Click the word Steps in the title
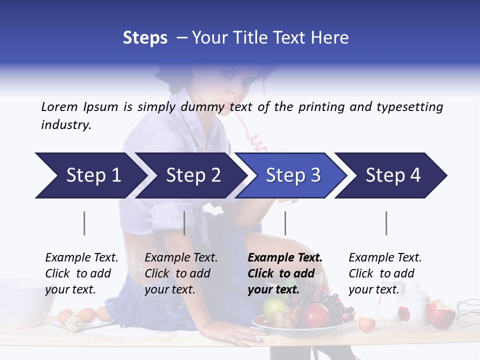point(145,38)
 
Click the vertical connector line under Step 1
point(84,223)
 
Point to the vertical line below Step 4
point(386,223)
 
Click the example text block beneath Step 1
point(81,273)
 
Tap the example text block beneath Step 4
point(385,273)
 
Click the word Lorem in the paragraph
point(59,107)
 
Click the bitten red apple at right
point(440,312)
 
